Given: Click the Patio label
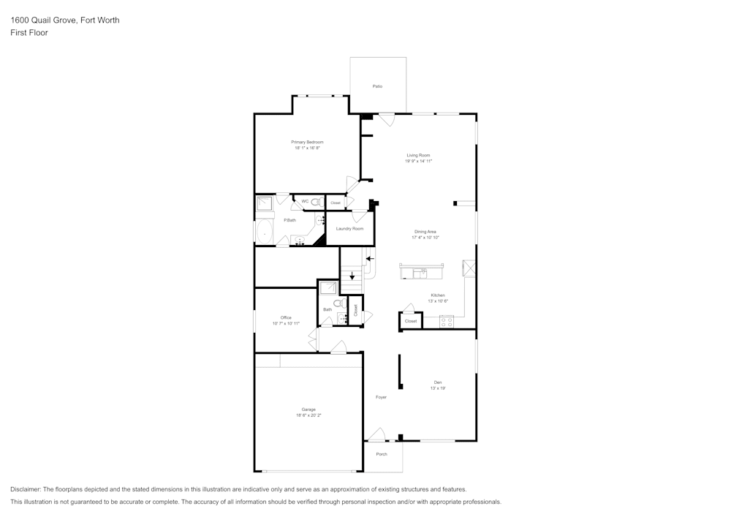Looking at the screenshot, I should click(377, 86).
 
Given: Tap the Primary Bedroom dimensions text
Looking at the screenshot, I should click(307, 148).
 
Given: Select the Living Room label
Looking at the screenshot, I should click(418, 155).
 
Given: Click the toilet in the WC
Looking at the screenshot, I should click(317, 202).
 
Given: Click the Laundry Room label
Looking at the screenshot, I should click(349, 229).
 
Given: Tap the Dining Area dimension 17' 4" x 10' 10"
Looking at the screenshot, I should click(425, 238).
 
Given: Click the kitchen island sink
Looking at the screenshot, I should click(419, 273).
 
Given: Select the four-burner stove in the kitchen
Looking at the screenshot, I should click(447, 321).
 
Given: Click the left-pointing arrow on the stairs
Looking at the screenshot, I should click(369, 258).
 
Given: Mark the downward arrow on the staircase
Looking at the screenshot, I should click(352, 276).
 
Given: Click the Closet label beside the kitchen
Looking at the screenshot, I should click(411, 321).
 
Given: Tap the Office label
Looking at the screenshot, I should click(286, 317).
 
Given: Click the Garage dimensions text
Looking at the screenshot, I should click(308, 415).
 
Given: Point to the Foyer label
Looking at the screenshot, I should click(381, 397).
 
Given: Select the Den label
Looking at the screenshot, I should click(437, 382).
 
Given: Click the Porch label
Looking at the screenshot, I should click(382, 453).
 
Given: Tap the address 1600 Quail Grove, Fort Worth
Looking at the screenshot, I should click(65, 20).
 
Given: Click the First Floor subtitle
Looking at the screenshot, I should click(29, 33).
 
